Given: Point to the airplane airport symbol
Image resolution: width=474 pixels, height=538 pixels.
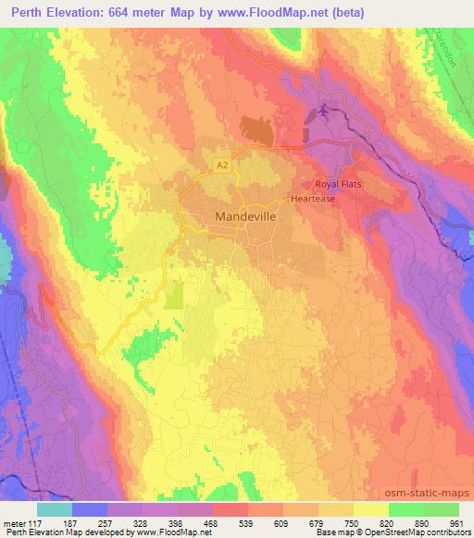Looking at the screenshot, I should [x=323, y=113].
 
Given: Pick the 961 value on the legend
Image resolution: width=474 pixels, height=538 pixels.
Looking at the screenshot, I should [x=457, y=522].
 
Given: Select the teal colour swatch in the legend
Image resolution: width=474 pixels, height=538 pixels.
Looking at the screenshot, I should [x=55, y=509].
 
